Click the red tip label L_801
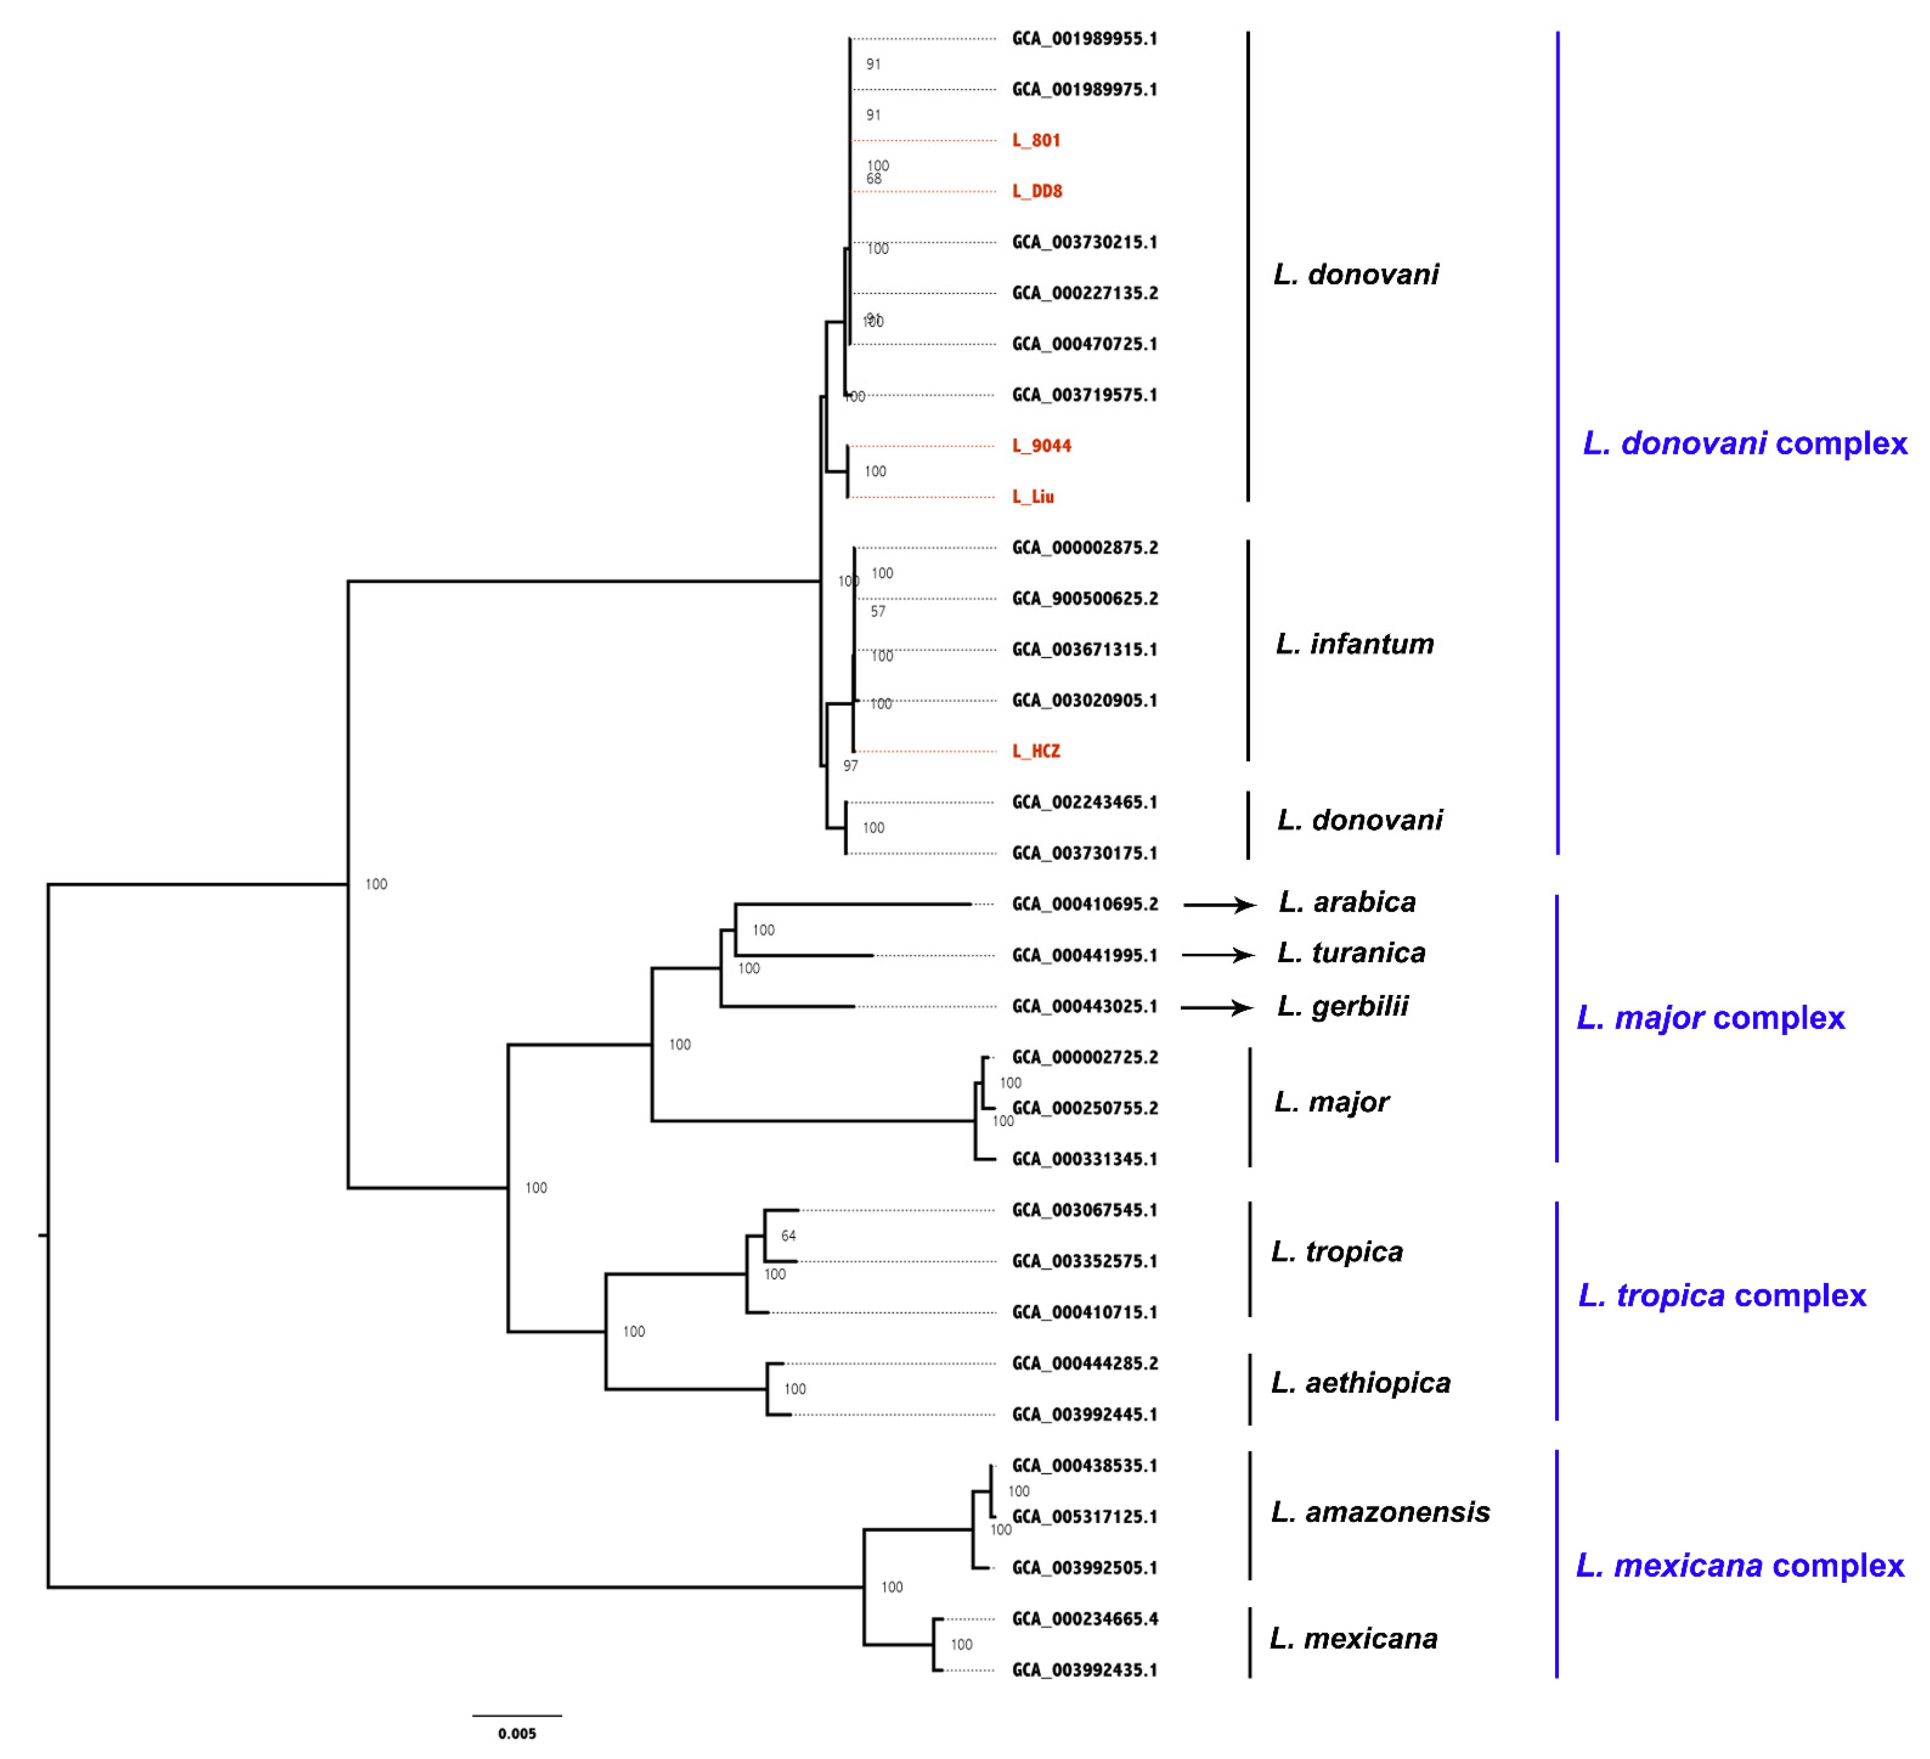coord(1036,141)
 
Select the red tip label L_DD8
coord(1037,191)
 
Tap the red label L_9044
coord(1042,446)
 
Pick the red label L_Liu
coord(1033,497)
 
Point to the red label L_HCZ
coord(1036,751)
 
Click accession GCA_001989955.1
coord(1084,39)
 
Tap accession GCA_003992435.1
coord(1084,1670)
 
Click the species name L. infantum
coord(1354,644)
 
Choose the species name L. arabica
coord(1347,902)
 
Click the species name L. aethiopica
coord(1360,1383)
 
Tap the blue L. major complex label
coord(1710,1018)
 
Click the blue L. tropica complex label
coord(1721,1296)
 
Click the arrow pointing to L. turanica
coord(1218,955)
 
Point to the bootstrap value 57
coord(878,611)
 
